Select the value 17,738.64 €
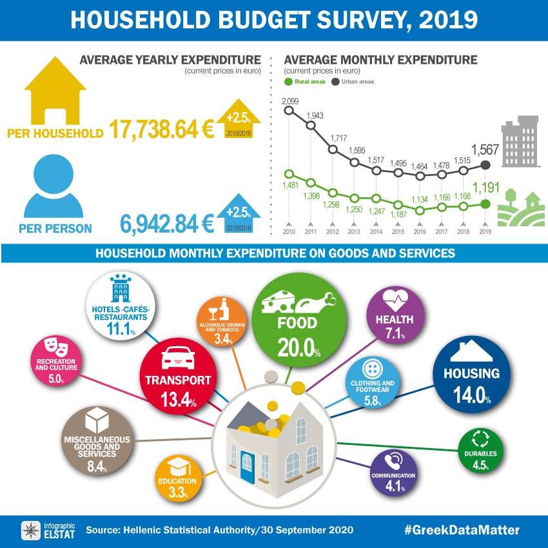[161, 130]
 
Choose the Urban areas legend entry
[353, 82]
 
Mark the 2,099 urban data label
[289, 101]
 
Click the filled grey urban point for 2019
[485, 165]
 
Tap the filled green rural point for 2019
[485, 204]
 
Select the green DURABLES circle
[480, 449]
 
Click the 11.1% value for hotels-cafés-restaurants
[121, 329]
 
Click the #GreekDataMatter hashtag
[462, 530]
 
